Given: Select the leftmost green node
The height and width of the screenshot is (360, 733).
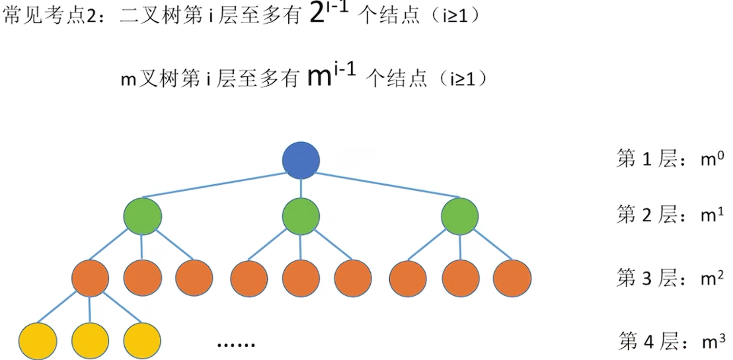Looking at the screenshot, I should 142,216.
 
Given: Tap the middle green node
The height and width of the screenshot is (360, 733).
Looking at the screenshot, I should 301,216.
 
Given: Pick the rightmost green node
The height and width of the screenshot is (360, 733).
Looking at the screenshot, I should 460,216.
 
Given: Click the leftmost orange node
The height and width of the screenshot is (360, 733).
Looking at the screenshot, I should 90,277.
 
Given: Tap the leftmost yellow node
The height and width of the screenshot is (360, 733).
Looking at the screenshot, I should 38,340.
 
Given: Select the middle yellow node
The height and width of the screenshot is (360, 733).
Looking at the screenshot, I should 90,340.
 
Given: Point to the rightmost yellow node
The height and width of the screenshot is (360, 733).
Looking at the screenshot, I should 142,340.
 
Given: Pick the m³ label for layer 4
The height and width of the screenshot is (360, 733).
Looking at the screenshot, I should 713,341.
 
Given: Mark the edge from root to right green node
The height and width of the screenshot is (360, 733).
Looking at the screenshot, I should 390,185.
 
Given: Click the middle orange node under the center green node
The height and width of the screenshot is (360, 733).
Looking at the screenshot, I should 301,277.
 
